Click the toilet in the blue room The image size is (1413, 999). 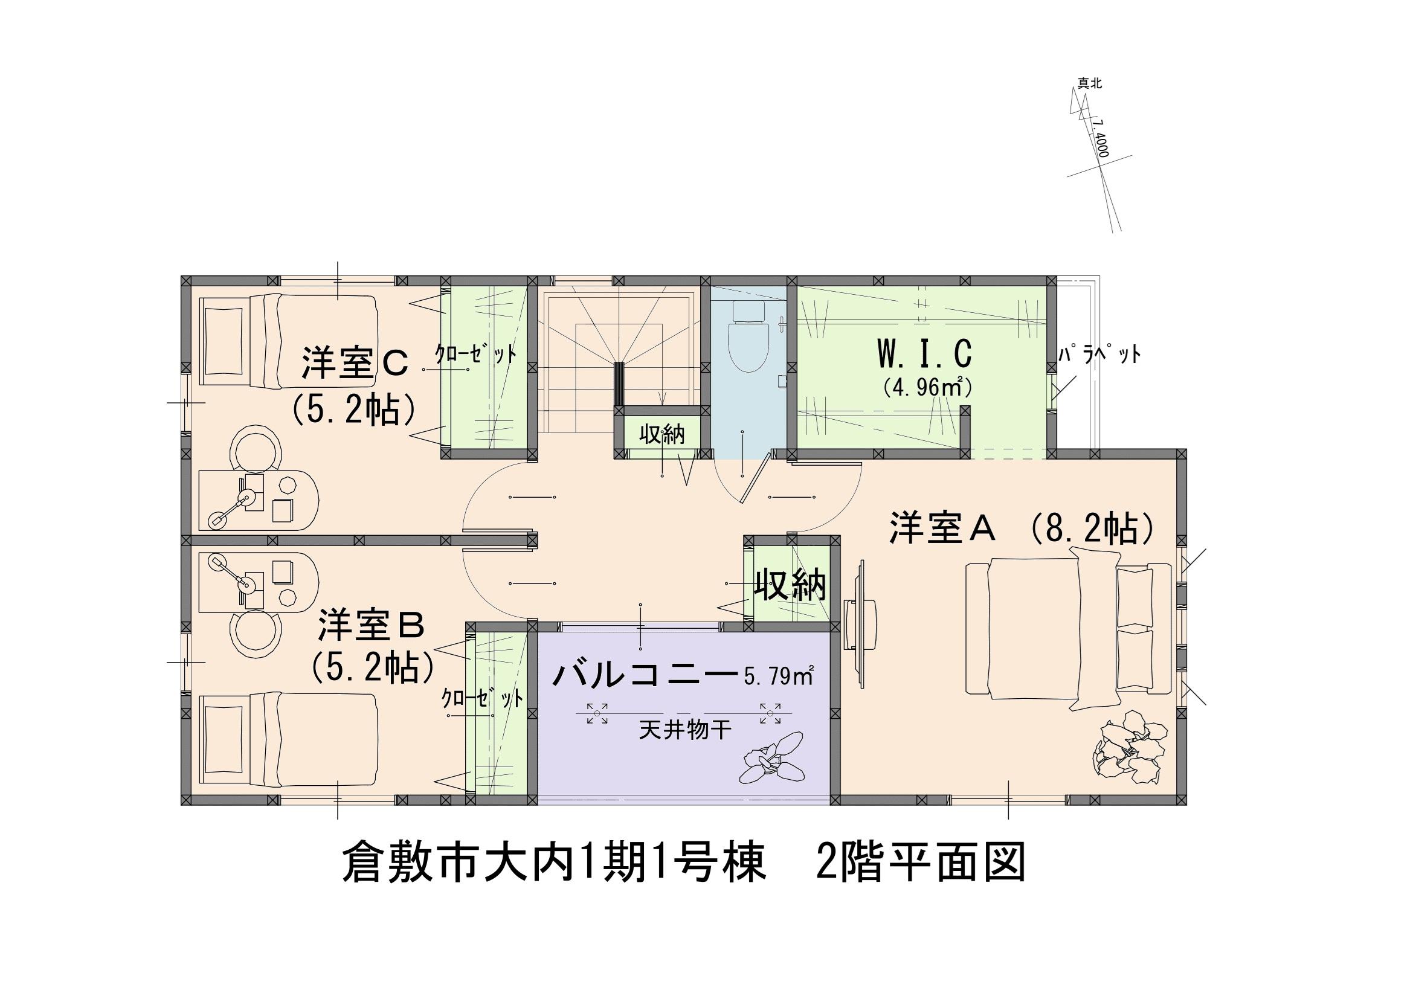pos(748,337)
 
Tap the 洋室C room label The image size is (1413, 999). pos(355,364)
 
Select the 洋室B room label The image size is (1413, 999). pos(371,629)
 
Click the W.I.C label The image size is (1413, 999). pos(924,354)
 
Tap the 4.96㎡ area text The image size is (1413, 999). pos(926,388)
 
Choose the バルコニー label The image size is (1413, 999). pos(645,675)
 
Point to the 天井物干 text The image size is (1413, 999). pos(685,731)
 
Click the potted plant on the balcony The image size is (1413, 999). pos(773,763)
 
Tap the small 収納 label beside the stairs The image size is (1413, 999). pos(661,434)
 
